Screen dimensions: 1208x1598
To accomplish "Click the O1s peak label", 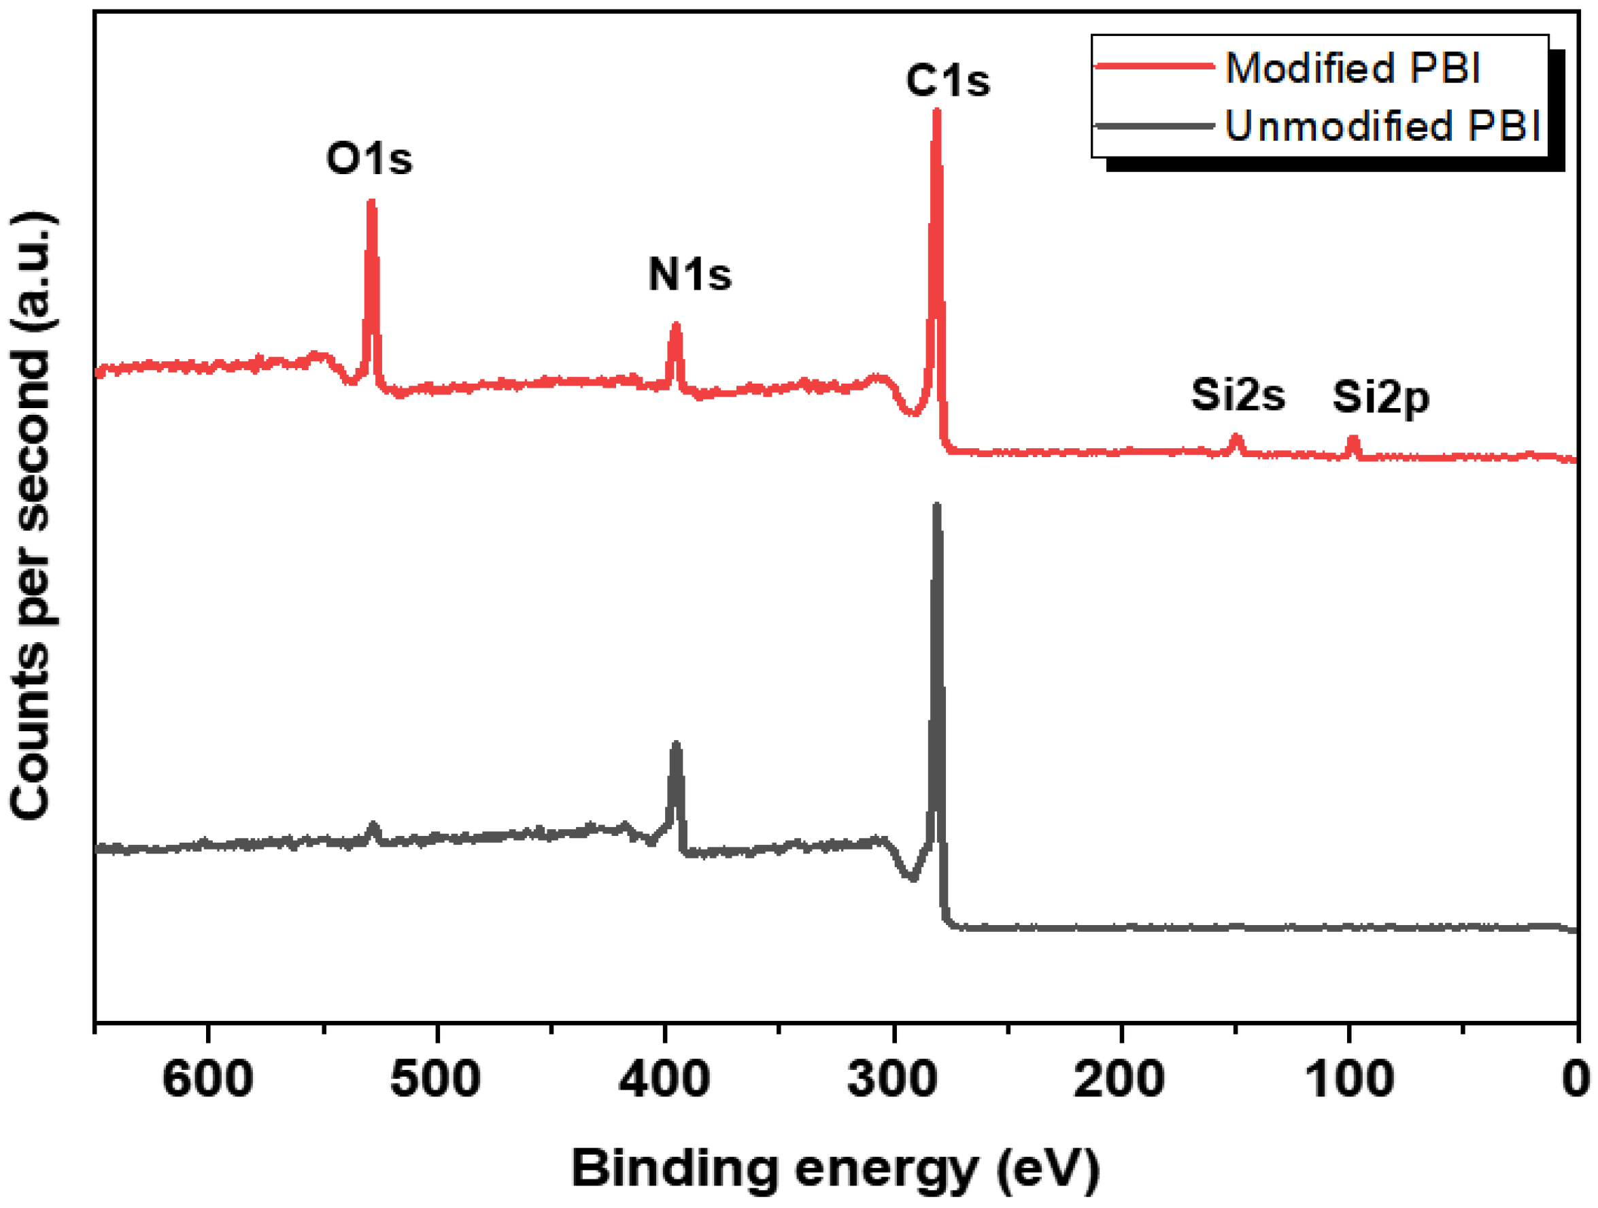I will [x=369, y=158].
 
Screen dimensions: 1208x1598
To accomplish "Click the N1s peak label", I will [x=690, y=275].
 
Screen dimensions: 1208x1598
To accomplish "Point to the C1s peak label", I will [x=947, y=80].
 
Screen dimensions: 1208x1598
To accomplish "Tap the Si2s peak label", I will [x=1238, y=395].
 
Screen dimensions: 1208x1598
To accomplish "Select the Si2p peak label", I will [x=1380, y=397].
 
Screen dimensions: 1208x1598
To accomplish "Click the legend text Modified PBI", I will [x=1353, y=68].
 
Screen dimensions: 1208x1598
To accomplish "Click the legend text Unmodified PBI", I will [x=1382, y=126].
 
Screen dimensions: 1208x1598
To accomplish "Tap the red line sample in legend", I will [x=1155, y=67].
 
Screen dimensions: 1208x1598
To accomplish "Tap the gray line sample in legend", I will [x=1155, y=127].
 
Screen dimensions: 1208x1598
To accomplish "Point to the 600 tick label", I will [x=208, y=1079].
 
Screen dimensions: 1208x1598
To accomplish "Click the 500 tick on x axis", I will [x=436, y=1079].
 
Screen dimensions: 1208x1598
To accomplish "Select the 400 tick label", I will [x=664, y=1079].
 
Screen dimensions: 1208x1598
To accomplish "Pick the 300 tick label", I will [x=893, y=1079].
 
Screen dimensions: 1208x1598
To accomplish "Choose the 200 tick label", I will [x=1119, y=1079].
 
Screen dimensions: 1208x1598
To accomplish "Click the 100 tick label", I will [x=1348, y=1079].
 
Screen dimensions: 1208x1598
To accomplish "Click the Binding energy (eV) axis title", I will [x=836, y=1169].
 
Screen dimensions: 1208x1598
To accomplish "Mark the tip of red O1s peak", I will [x=371, y=203].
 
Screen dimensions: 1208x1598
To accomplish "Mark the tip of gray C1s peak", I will [x=937, y=506].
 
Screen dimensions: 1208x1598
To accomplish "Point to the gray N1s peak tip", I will [x=676, y=744].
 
